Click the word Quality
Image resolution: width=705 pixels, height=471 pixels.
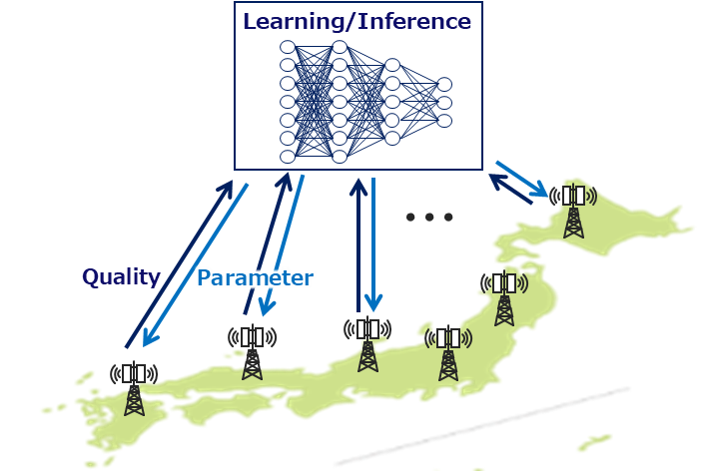click(121, 276)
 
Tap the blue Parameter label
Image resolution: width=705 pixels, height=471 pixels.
click(256, 277)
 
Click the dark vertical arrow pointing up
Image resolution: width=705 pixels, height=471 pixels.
click(357, 244)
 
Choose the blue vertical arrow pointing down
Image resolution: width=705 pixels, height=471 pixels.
click(373, 244)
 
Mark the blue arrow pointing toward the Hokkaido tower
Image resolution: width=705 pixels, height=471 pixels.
click(522, 178)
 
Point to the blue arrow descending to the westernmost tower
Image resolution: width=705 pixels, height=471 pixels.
click(196, 265)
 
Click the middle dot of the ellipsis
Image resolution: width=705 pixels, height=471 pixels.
click(430, 217)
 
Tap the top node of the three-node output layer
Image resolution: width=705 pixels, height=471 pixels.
click(444, 84)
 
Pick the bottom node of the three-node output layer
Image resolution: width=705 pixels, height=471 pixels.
click(444, 121)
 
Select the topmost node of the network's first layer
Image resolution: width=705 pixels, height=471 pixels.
click(288, 47)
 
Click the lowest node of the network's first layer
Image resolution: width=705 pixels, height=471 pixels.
click(288, 156)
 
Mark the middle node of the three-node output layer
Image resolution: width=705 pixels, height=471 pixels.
click(444, 103)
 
